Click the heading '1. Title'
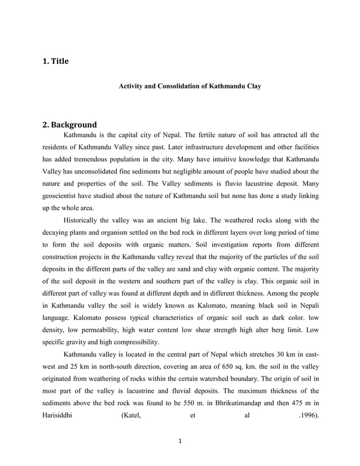point(55,61)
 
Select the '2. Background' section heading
point(69,125)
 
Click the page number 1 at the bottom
point(180,441)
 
